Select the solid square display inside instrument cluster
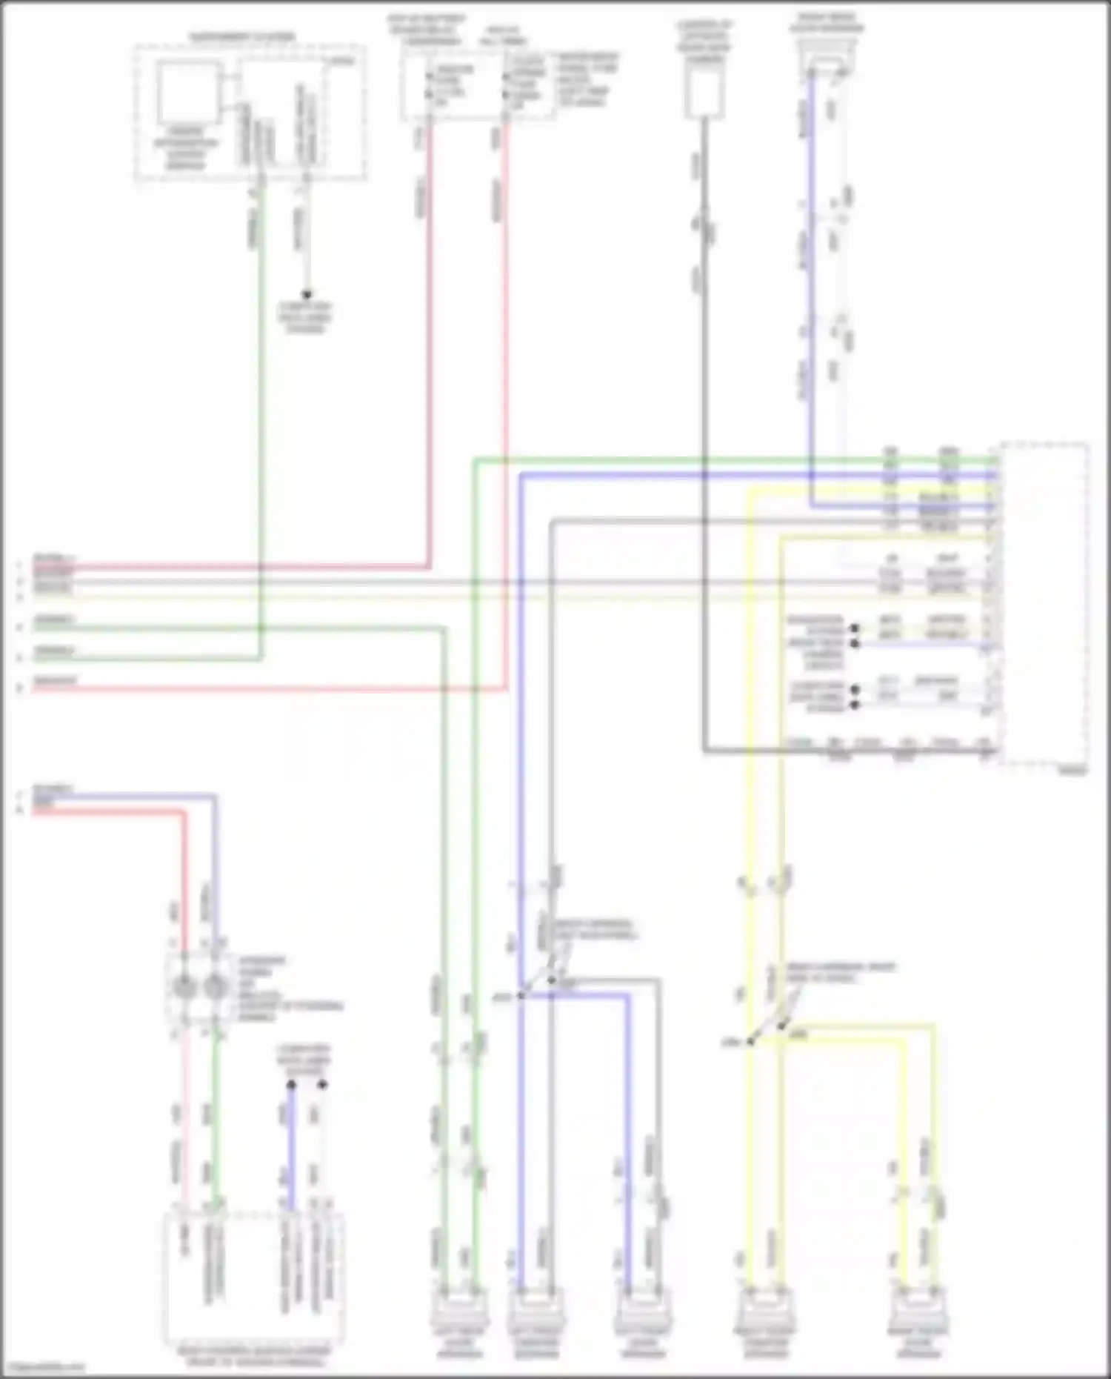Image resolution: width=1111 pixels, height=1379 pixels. pyautogui.click(x=189, y=92)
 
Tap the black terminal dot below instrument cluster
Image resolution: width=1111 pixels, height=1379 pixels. pyautogui.click(x=305, y=293)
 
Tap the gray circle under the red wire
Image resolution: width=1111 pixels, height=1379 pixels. pyautogui.click(x=184, y=987)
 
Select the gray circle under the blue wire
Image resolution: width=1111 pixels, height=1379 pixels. pyautogui.click(x=215, y=987)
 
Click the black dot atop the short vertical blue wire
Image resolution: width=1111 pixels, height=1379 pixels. pyautogui.click(x=291, y=1085)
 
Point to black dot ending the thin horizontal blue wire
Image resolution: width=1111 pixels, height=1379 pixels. pyautogui.click(x=855, y=644)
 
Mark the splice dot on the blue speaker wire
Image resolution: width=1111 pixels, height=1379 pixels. pyautogui.click(x=521, y=995)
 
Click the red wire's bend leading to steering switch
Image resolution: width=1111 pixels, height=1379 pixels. pyautogui.click(x=184, y=812)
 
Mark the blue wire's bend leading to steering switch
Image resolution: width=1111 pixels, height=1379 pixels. pyautogui.click(x=215, y=797)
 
